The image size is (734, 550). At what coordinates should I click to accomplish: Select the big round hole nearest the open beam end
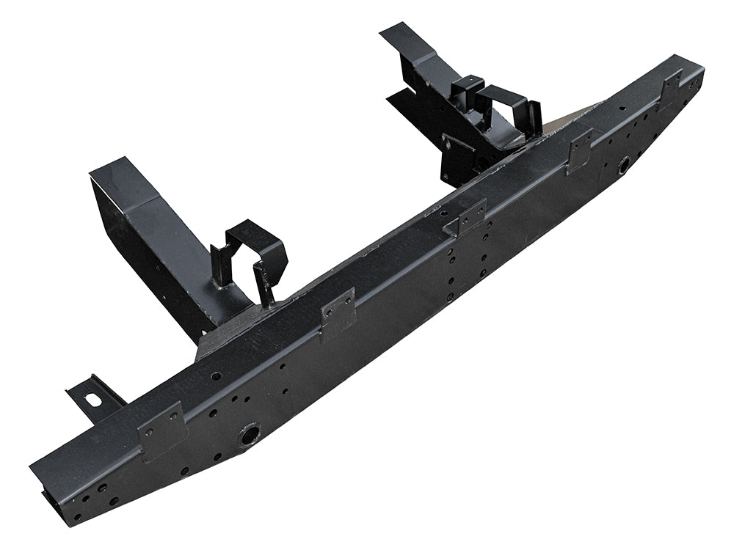(248, 436)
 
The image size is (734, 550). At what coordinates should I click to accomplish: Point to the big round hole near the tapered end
(625, 165)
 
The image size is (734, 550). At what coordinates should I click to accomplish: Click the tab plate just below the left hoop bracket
(337, 312)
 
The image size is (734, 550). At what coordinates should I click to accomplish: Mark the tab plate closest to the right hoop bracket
(579, 150)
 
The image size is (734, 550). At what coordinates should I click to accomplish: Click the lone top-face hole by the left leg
(216, 375)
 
